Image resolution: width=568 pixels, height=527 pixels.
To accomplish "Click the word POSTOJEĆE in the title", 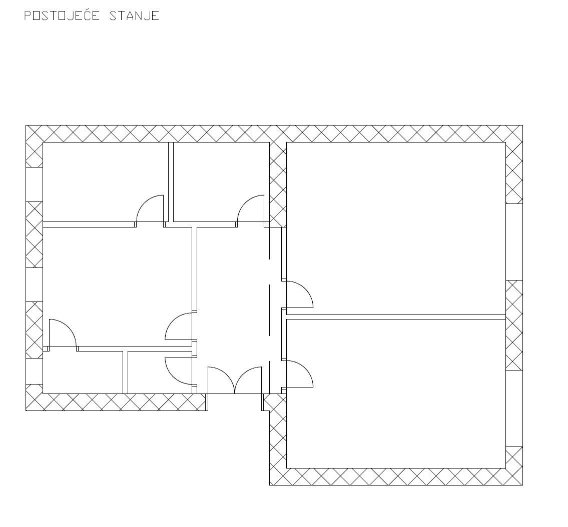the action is [x=62, y=15].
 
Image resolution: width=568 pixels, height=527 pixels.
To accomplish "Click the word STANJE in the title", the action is [x=135, y=16].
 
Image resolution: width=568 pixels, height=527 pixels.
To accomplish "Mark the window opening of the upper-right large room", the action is [x=514, y=242].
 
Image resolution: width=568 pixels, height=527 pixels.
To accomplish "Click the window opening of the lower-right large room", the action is [x=514, y=408].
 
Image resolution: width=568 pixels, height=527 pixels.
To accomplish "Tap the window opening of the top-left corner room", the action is [x=34, y=184].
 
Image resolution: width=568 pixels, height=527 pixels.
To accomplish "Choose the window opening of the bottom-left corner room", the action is [x=34, y=371].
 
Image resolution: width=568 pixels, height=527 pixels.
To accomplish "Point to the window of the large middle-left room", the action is [x=34, y=284].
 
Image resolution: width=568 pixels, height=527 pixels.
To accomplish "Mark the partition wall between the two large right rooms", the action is [x=395, y=316].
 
